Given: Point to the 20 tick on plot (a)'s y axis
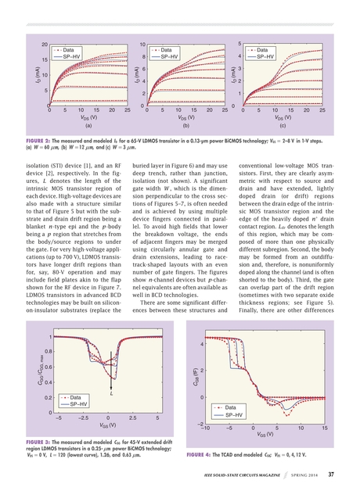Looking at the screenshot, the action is tap(45, 45).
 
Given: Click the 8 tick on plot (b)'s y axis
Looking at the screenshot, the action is tap(143, 57).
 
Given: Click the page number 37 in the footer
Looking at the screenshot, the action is tap(331, 474).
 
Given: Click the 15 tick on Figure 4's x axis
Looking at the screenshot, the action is tap(324, 428).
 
